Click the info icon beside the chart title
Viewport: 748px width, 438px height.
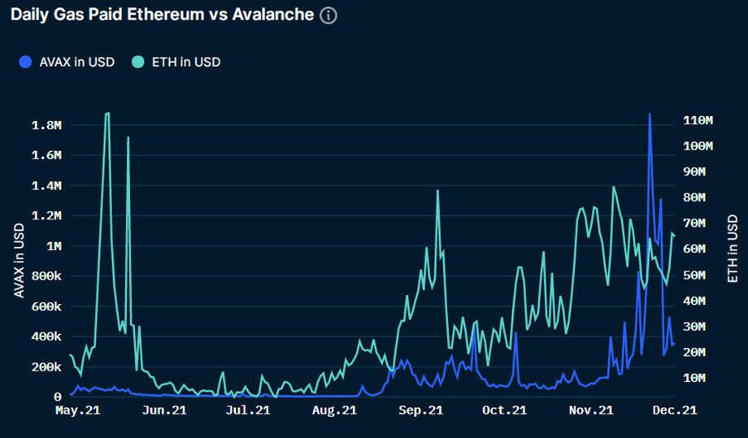click(328, 15)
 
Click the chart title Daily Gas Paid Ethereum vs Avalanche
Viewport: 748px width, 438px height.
click(162, 15)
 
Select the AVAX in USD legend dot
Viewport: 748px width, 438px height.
click(26, 62)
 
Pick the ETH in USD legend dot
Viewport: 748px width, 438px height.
click(139, 62)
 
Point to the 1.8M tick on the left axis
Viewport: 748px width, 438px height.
click(46, 126)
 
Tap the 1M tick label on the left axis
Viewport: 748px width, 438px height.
click(54, 246)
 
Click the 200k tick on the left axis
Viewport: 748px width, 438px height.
click(46, 367)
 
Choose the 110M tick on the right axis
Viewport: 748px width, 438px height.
click(698, 120)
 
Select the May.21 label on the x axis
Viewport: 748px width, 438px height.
click(78, 410)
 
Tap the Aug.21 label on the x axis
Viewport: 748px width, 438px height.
click(334, 410)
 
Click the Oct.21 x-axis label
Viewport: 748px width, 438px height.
click(504, 410)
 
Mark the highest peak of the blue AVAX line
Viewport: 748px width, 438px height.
click(649, 114)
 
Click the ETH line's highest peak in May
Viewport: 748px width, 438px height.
click(107, 114)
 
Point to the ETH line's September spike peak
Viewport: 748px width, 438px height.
click(437, 190)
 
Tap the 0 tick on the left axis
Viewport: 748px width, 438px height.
click(57, 397)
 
